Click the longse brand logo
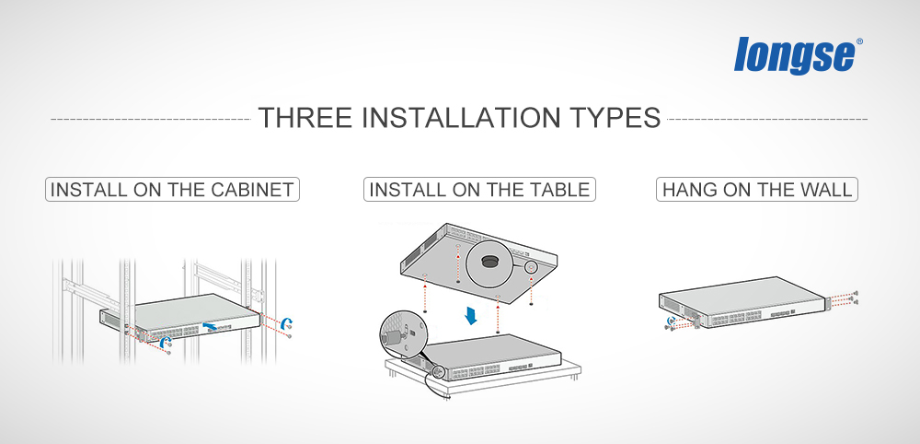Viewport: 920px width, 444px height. [795, 55]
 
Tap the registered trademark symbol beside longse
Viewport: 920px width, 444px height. [859, 41]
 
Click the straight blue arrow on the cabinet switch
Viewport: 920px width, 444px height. [213, 325]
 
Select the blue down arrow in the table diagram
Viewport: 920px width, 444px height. [470, 315]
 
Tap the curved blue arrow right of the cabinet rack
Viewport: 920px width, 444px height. [286, 322]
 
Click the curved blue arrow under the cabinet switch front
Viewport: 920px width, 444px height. [166, 341]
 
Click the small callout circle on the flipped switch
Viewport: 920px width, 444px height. [531, 267]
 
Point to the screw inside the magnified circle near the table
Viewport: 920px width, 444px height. [391, 338]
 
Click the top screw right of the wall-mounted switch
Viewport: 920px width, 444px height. [856, 293]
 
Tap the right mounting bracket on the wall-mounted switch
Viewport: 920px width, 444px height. [829, 304]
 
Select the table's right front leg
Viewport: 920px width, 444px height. [568, 380]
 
